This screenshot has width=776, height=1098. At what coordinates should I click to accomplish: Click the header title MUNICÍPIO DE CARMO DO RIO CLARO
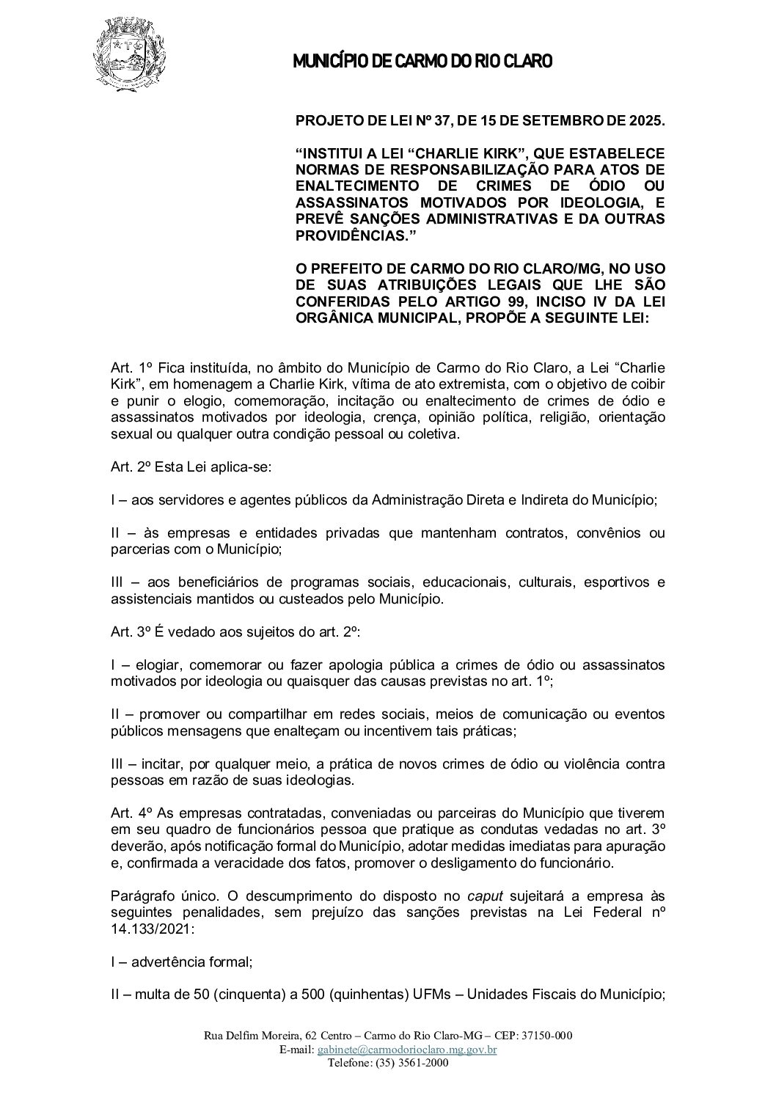pos(422,62)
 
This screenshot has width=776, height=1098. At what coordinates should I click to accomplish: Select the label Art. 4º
pos(125,813)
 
